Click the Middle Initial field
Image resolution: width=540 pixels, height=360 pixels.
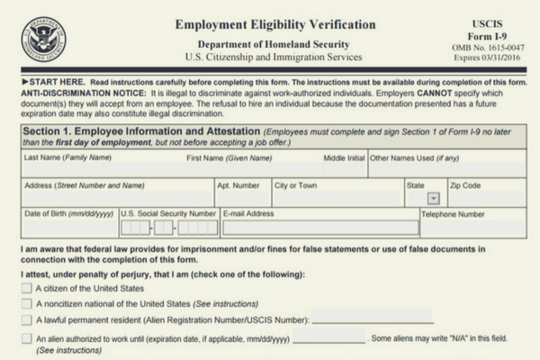(x=343, y=169)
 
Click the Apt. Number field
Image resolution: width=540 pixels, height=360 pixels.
(x=240, y=198)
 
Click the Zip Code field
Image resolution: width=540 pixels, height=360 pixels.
(x=487, y=198)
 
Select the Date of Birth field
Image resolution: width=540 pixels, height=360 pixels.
(x=68, y=227)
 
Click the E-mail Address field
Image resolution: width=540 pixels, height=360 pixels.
(x=319, y=227)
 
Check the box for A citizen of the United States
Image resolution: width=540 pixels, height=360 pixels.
(x=26, y=289)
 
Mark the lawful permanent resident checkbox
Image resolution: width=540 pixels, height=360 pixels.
(x=26, y=319)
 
